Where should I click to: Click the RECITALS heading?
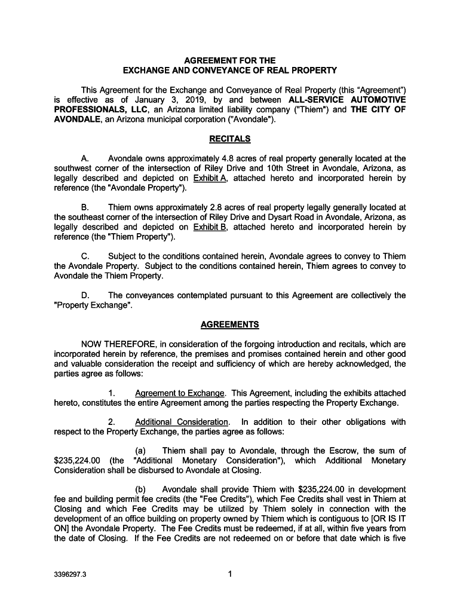pos(230,139)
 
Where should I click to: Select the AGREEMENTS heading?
pos(230,325)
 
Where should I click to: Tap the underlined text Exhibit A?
pos(210,178)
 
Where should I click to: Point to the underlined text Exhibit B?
pos(210,227)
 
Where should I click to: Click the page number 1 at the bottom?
pos(230,575)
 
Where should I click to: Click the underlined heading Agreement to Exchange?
pos(180,393)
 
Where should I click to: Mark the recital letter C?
pos(85,256)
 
